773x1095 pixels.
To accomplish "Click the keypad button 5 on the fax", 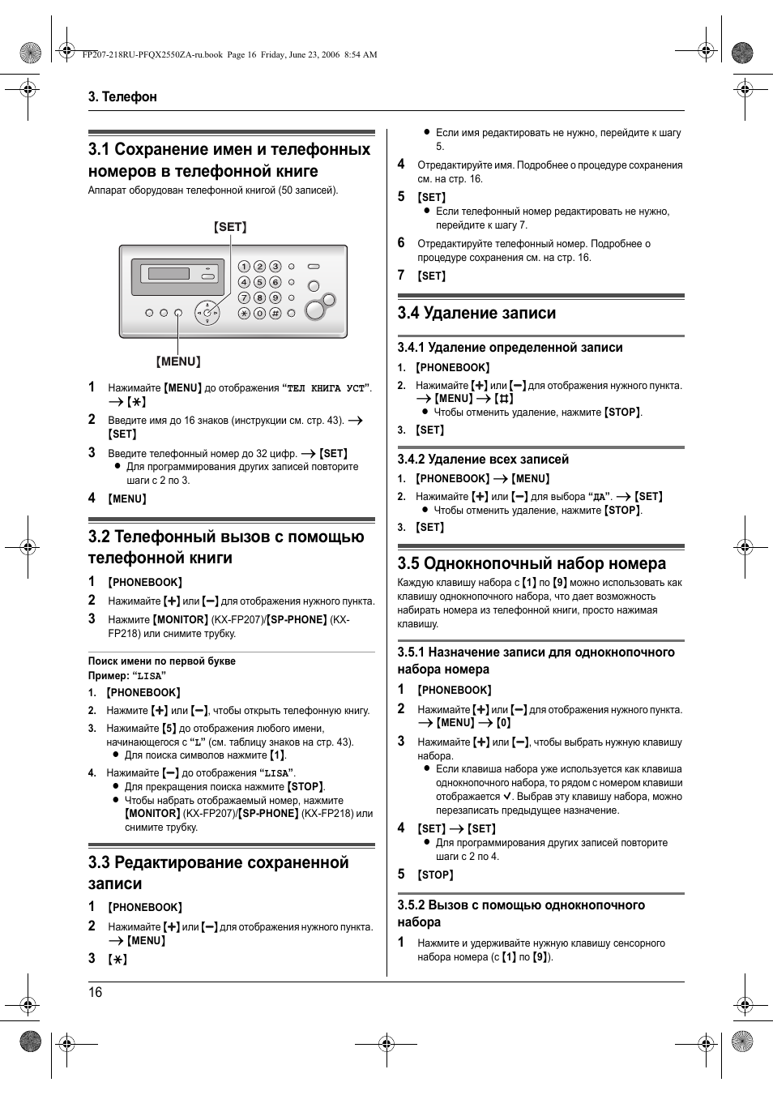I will [259, 282].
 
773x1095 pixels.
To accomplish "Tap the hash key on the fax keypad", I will [275, 313].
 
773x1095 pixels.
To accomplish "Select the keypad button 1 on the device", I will [244, 267].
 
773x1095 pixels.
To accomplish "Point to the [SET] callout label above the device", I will [230, 227].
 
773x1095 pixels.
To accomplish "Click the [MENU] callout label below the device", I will [178, 361].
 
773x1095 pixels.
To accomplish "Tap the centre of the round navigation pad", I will [207, 313].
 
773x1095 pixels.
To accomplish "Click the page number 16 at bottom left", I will [96, 993].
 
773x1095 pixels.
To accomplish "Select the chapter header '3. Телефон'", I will [122, 96].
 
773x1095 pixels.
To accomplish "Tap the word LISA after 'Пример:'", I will [149, 676].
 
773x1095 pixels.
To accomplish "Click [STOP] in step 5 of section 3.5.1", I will [436, 875].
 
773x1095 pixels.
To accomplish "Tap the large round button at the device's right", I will [314, 310].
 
